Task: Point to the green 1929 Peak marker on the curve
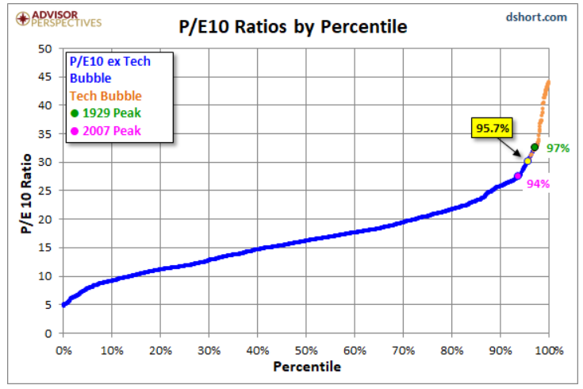(535, 147)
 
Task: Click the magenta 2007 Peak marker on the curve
(518, 176)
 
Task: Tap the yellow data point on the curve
(527, 161)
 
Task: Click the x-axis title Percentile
(306, 367)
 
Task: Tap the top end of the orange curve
(549, 81)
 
